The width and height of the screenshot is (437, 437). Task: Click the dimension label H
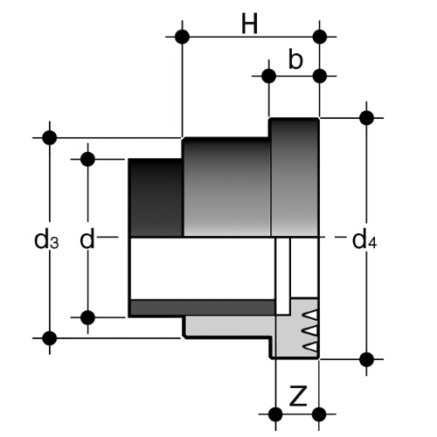pos(250,24)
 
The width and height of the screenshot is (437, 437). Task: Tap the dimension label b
pos(295,59)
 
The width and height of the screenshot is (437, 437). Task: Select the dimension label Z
pos(298,396)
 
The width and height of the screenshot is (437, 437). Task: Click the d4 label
pos(364,241)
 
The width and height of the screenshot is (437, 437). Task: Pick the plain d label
pos(87,239)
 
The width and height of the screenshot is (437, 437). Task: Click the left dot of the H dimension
pos(183,37)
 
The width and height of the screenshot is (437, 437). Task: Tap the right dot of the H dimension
pos(320,37)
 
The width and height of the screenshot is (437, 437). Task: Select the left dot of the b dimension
pos(269,76)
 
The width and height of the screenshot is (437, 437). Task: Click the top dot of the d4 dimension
pos(366,118)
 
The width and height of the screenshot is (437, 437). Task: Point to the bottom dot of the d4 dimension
pos(366,359)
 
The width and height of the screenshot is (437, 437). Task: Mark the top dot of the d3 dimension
pos(50,137)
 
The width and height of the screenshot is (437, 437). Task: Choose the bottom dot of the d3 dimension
pos(50,338)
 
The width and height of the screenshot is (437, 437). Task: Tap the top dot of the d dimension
pos(87,159)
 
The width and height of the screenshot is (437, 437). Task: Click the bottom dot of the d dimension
pos(87,317)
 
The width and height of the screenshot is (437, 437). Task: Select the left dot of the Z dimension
pos(275,414)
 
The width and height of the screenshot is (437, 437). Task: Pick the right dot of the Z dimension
pos(320,414)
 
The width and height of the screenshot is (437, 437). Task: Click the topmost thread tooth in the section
pos(309,315)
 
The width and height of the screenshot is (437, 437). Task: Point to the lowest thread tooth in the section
pos(309,347)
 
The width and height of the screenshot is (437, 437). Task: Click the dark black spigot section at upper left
pos(156,198)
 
